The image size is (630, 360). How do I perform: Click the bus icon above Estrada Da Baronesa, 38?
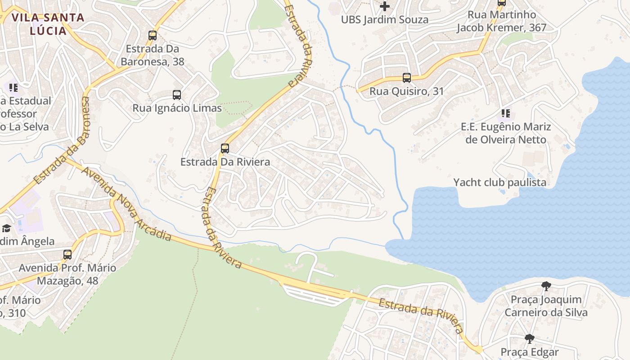(153, 36)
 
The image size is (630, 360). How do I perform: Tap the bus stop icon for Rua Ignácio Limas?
(177, 95)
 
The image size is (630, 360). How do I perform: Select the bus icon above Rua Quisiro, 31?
(407, 78)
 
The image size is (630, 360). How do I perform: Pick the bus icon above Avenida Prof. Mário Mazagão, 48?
(67, 255)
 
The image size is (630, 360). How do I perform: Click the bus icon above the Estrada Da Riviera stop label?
(225, 148)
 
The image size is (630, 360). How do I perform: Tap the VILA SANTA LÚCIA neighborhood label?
(48, 24)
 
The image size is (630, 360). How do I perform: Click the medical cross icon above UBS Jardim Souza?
(385, 6)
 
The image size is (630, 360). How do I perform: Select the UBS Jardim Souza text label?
(385, 20)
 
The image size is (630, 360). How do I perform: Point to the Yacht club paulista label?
(499, 182)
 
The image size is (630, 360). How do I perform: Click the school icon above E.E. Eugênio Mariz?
(506, 113)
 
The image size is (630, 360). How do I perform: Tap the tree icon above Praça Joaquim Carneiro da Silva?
(546, 286)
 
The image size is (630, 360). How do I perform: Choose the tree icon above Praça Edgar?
(530, 339)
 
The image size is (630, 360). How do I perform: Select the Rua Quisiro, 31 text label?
(407, 91)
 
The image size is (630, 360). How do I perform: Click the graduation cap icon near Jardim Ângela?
(6, 229)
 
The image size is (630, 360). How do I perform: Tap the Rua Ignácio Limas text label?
(177, 108)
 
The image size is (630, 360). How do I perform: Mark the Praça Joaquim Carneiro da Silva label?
(546, 306)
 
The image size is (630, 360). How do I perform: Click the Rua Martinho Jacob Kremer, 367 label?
(502, 21)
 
